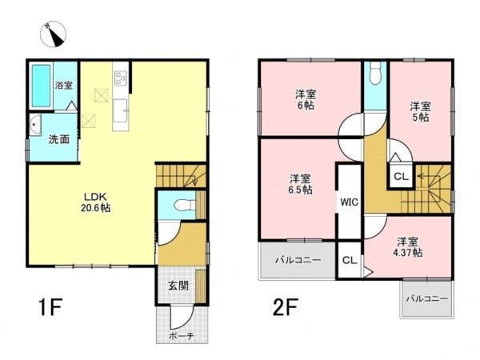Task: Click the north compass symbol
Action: [54, 34]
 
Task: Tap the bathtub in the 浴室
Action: [41, 86]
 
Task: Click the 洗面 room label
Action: [58, 139]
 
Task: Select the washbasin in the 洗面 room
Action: [35, 125]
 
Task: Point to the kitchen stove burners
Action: [120, 78]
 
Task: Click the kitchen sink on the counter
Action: [120, 111]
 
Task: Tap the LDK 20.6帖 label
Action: [96, 202]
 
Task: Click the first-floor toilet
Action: [185, 205]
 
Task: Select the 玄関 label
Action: [178, 286]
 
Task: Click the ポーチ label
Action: [182, 336]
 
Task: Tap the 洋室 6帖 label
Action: [306, 99]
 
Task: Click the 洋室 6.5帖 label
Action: [301, 184]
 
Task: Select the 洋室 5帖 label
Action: [420, 112]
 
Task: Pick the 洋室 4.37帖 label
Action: [408, 247]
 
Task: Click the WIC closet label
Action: [350, 202]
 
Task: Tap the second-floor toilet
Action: [375, 73]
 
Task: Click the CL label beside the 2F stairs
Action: [401, 177]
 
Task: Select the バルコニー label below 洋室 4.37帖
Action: [426, 298]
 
